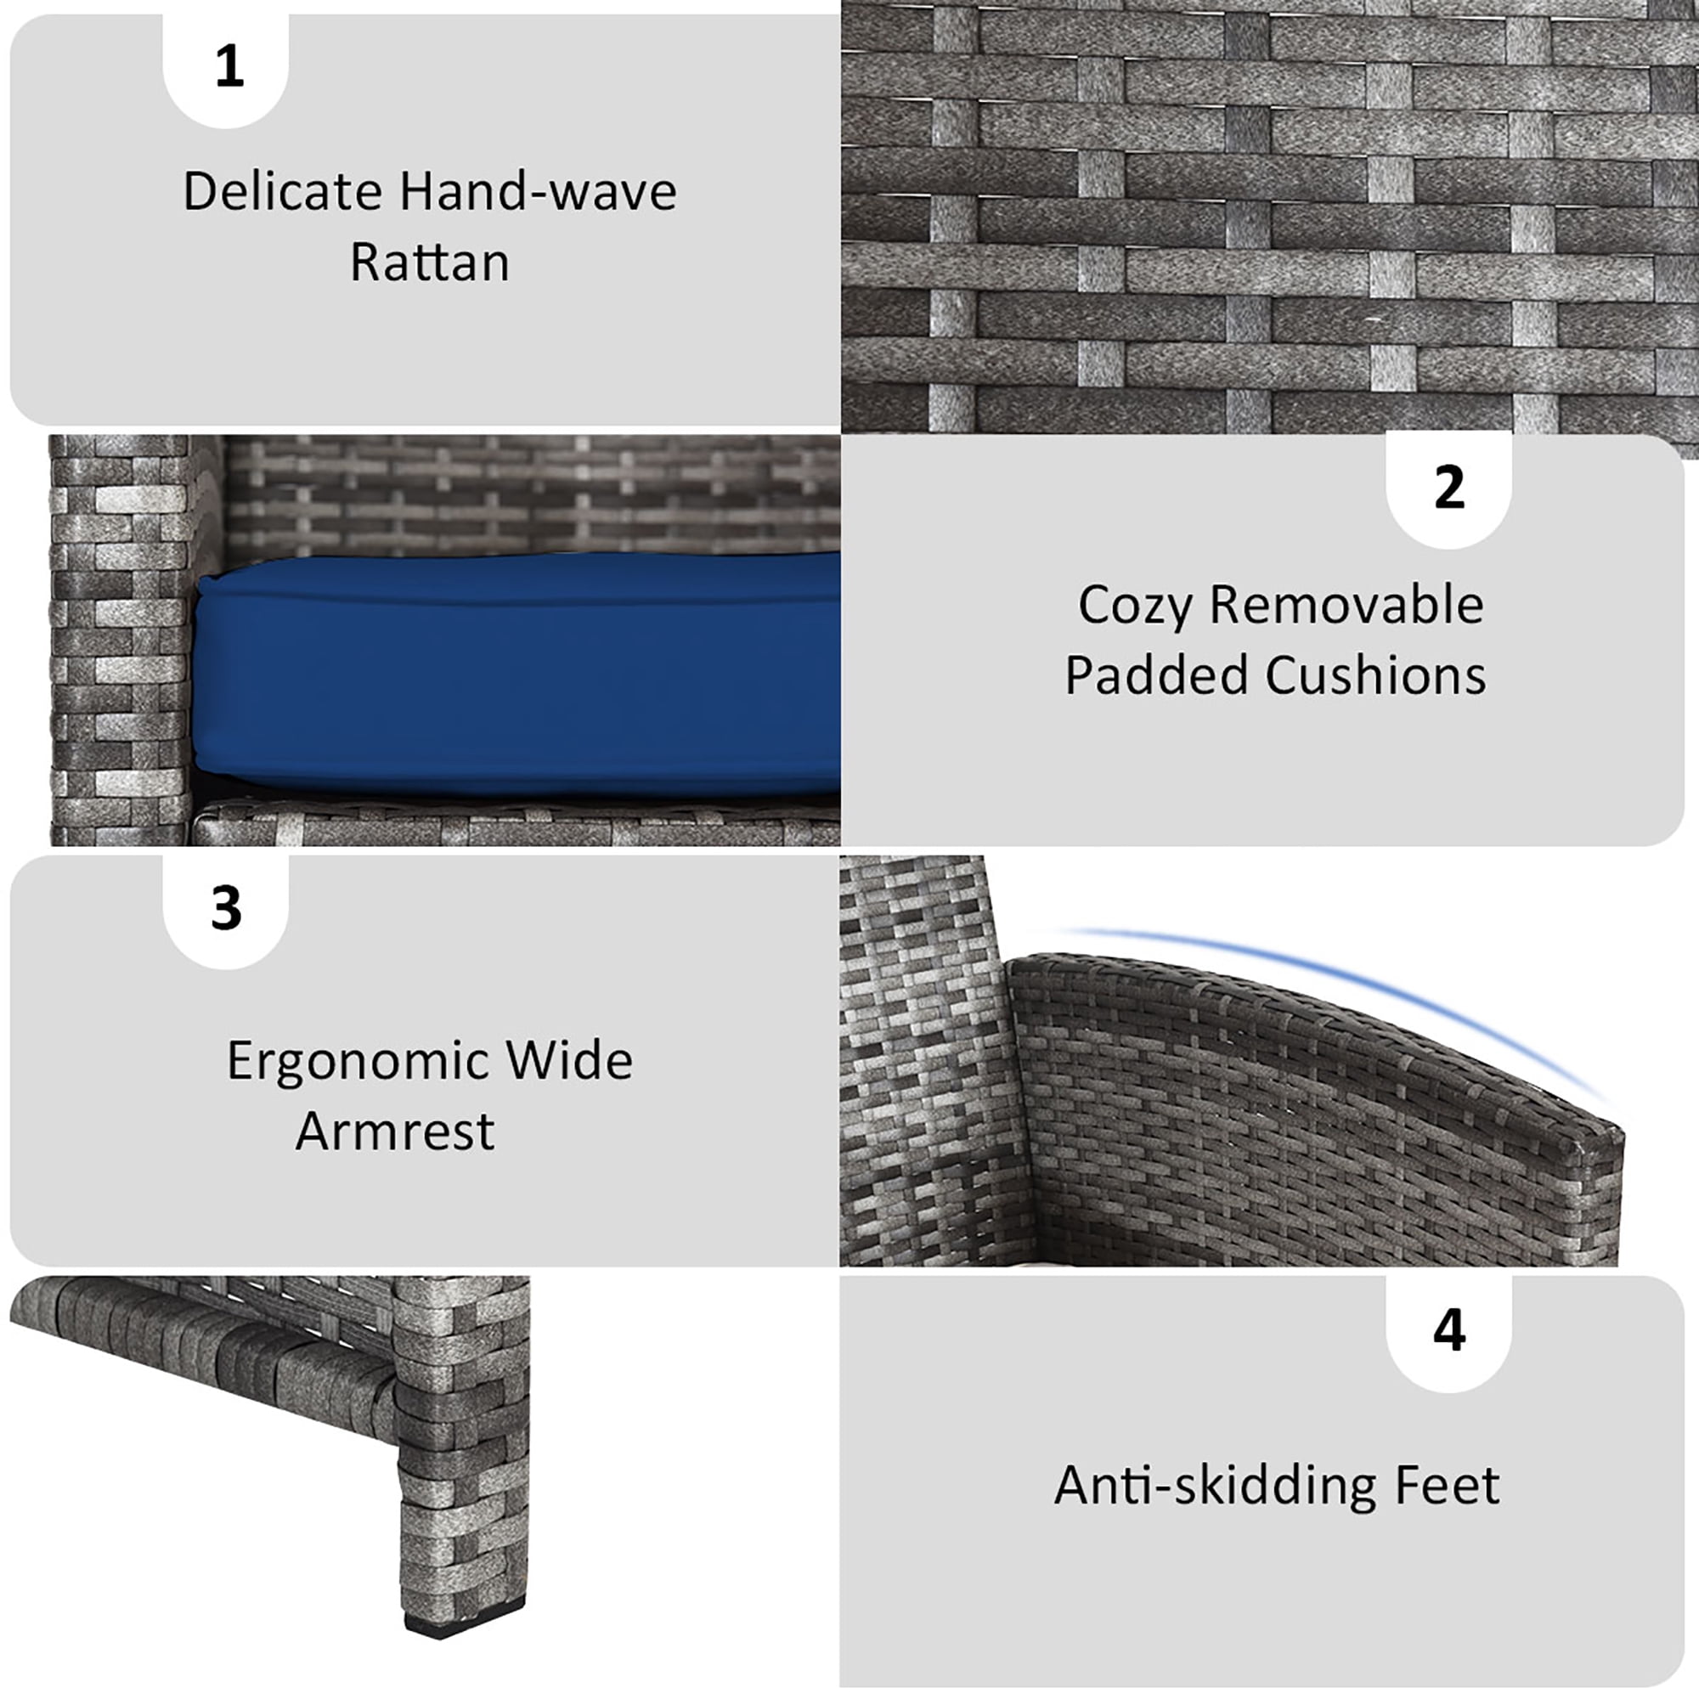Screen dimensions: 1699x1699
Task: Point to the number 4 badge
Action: (1448, 1333)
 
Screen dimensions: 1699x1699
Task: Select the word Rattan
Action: (430, 261)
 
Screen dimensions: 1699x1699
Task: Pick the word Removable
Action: (1346, 605)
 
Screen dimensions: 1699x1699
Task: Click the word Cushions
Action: (1375, 675)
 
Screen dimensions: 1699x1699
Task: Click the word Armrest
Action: (395, 1131)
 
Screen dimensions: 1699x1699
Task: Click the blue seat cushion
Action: (517, 673)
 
